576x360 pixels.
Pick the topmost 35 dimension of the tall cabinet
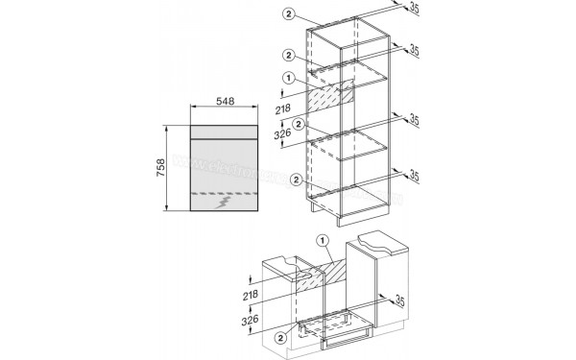[415, 10]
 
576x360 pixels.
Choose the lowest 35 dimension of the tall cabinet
[415, 175]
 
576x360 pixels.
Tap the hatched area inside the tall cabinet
[330, 97]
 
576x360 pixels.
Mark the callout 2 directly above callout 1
[287, 57]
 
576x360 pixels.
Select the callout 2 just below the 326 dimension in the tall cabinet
[299, 124]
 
